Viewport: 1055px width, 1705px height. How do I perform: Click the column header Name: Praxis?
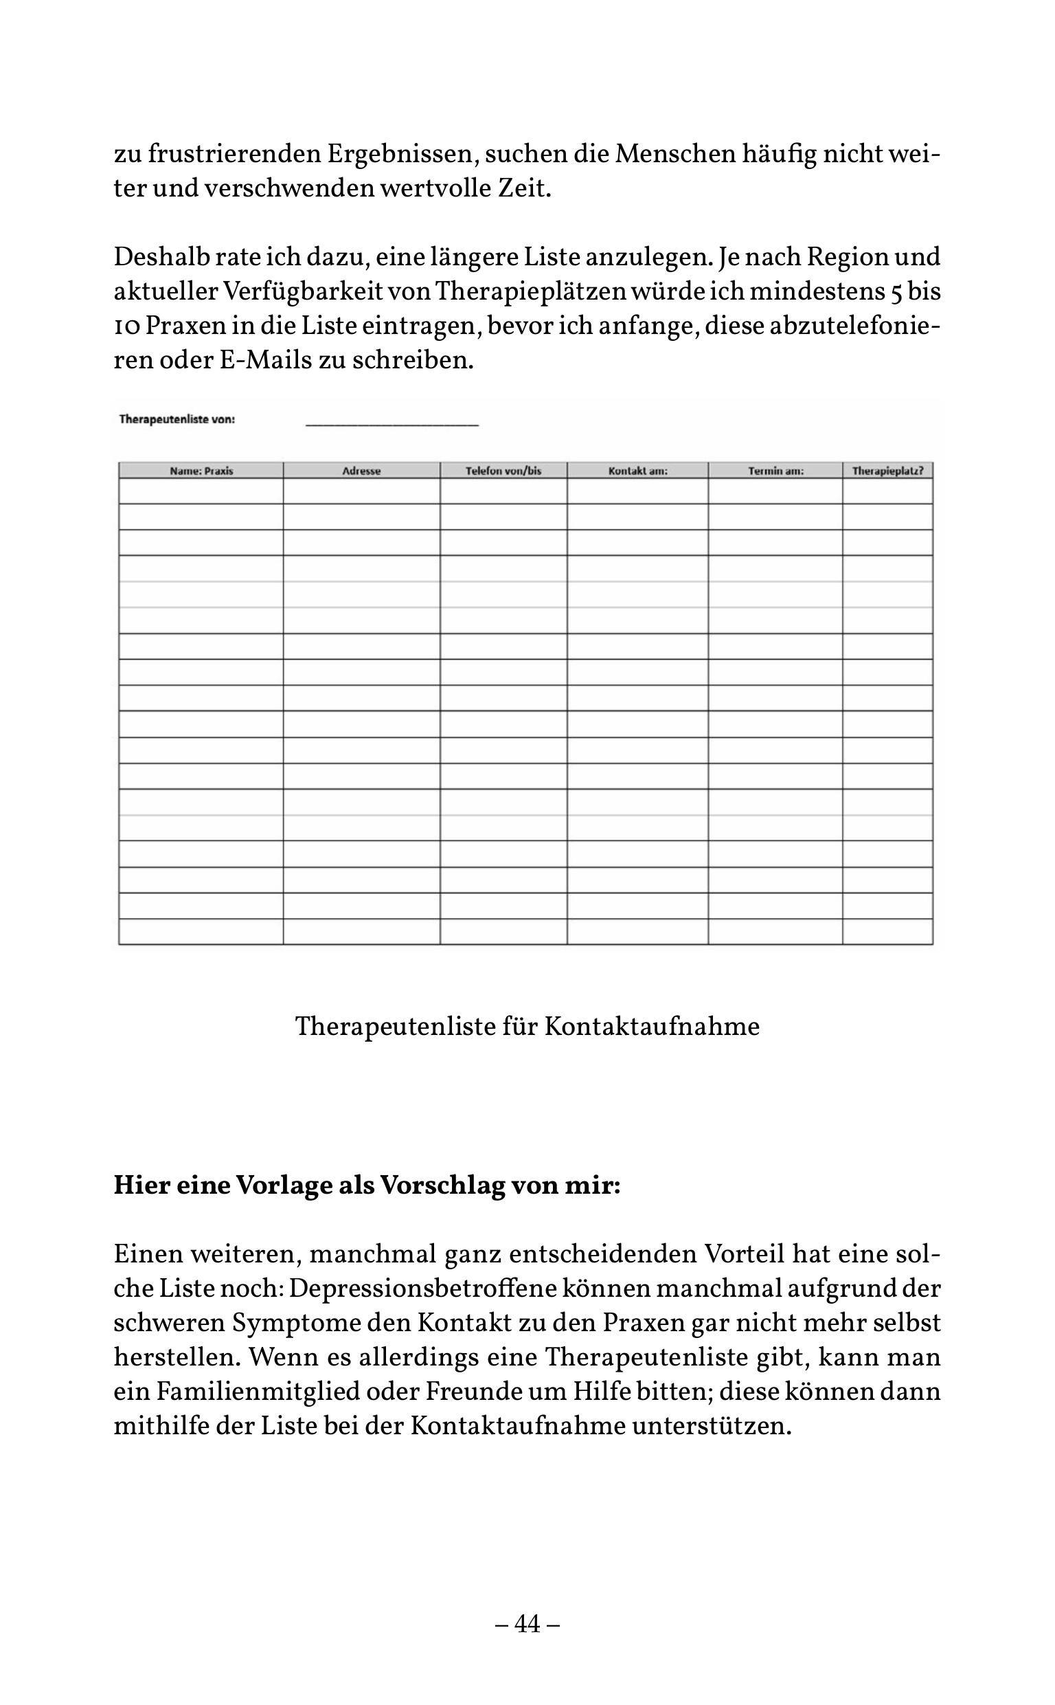click(201, 471)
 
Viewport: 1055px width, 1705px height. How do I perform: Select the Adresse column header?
click(361, 471)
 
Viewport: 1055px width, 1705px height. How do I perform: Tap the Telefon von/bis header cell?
click(503, 471)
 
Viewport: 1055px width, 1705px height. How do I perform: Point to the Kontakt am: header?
click(638, 471)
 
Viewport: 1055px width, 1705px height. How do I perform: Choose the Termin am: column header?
click(775, 471)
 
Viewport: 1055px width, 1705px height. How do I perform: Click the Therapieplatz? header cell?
click(887, 471)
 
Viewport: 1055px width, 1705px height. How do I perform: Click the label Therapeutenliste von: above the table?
click(177, 419)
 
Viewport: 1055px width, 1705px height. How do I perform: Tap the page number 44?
click(527, 1624)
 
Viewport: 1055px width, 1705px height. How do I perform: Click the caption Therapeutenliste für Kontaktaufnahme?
click(527, 1027)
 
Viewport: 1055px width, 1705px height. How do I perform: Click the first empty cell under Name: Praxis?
click(201, 491)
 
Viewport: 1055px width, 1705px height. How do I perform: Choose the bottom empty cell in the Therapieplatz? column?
click(887, 932)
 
